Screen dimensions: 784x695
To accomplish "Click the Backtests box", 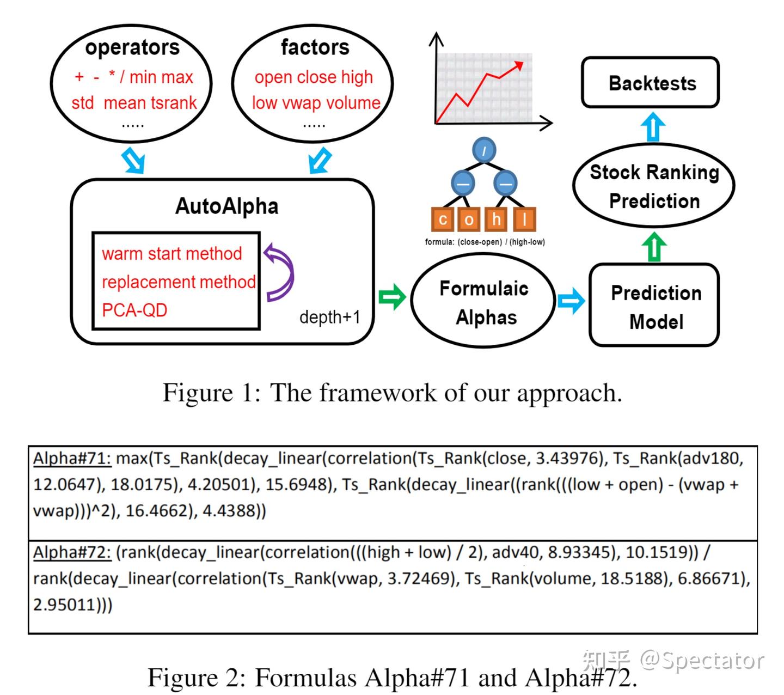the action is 650,82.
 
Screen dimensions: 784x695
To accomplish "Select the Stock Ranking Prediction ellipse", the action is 653,186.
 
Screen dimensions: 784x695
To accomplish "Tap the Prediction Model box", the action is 654,304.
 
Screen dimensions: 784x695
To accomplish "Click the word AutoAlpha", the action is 227,206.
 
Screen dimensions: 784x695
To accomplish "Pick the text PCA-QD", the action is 134,310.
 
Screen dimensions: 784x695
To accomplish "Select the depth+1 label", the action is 330,317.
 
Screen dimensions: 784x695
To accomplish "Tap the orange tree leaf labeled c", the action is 443,219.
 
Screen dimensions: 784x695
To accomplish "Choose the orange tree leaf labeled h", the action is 497,219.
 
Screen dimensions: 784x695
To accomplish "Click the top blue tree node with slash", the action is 483,150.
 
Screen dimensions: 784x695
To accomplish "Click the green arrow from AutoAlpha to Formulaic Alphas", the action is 391,297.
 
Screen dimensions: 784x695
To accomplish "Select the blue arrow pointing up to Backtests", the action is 653,126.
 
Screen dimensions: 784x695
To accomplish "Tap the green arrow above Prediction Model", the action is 653,246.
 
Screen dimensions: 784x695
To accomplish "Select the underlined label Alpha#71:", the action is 72,459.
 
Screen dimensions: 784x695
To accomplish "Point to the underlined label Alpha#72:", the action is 72,552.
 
